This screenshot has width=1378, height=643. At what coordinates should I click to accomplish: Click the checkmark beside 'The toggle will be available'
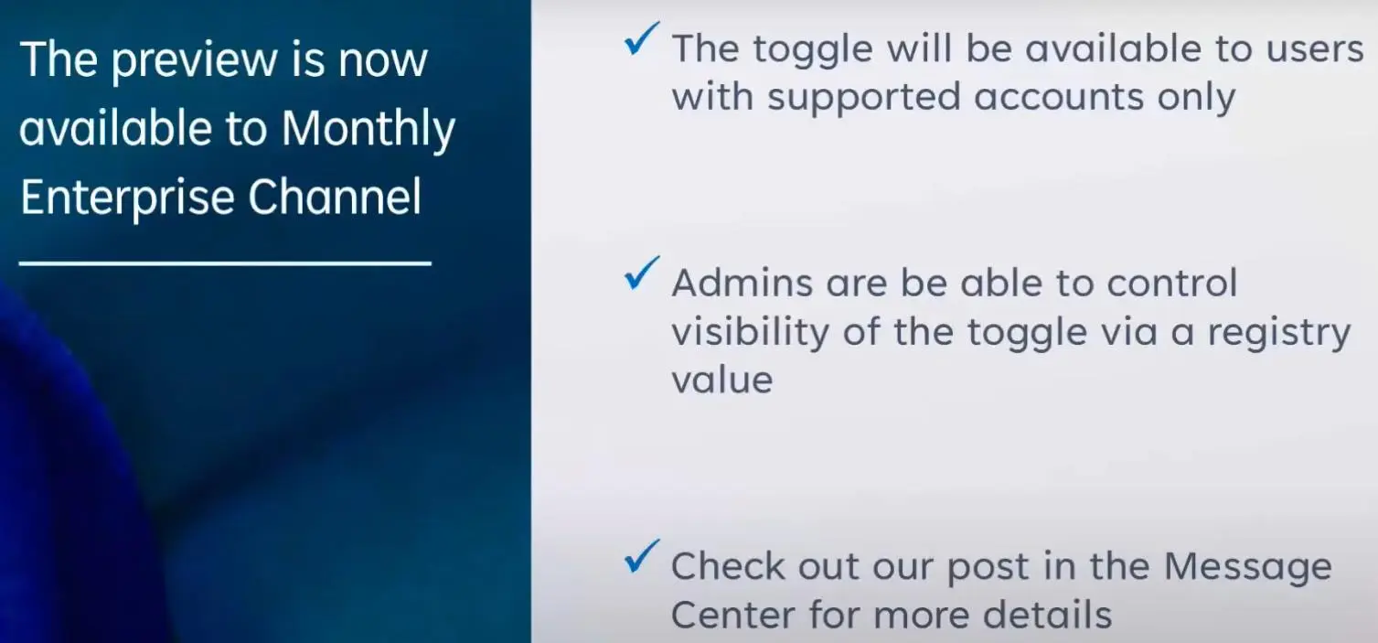641,39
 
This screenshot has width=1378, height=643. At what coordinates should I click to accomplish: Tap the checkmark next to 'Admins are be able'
641,273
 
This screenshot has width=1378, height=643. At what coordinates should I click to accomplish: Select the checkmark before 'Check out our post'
641,556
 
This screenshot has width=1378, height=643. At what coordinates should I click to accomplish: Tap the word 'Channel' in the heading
335,197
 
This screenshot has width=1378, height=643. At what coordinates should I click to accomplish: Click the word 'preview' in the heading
195,61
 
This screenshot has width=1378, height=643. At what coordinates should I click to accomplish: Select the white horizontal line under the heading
225,263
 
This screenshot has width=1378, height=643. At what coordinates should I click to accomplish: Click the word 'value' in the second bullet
722,380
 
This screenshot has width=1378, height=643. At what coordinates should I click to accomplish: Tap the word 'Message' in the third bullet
1247,567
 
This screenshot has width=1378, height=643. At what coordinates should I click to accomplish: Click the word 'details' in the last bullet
1047,614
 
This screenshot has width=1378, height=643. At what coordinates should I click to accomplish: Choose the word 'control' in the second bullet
1171,283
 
